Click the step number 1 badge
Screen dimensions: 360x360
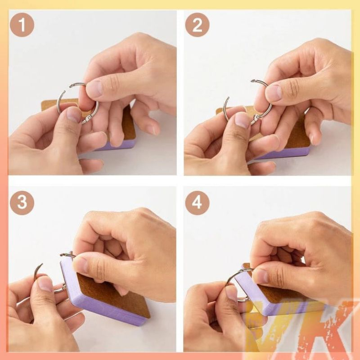(x=22, y=25)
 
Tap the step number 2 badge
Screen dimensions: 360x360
(x=197, y=25)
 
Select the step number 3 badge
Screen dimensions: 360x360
(x=22, y=203)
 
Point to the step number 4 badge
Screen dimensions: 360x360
(x=197, y=203)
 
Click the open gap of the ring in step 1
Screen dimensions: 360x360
(x=67, y=88)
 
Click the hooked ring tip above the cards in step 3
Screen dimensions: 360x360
(x=63, y=254)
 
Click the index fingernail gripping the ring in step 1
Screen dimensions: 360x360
(x=94, y=89)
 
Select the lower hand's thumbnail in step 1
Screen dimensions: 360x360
(x=73, y=115)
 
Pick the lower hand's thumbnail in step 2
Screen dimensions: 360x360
(x=242, y=120)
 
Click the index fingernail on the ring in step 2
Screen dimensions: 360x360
(x=274, y=93)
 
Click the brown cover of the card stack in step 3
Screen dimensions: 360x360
(x=112, y=296)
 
